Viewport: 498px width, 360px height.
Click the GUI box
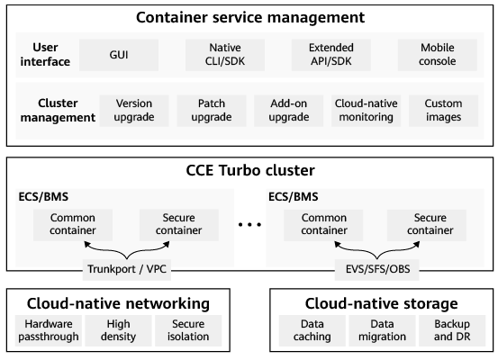click(119, 55)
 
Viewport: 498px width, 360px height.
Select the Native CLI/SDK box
click(225, 55)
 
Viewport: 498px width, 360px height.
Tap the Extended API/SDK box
click(330, 55)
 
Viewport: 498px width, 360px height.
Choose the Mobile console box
click(438, 55)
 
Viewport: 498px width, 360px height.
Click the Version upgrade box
click(134, 111)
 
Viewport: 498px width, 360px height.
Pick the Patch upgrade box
click(212, 111)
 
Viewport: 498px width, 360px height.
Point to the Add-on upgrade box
click(289, 111)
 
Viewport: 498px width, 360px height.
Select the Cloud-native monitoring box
click(367, 111)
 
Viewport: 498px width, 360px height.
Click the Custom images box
click(443, 111)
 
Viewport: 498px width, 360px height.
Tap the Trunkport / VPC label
click(127, 269)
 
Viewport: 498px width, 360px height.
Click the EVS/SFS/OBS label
click(377, 269)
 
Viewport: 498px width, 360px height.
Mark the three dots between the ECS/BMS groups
click(249, 225)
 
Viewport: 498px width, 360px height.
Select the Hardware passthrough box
click(49, 330)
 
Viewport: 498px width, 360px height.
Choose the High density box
click(118, 330)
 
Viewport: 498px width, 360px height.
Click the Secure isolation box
click(188, 330)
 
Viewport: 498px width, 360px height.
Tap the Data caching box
click(312, 330)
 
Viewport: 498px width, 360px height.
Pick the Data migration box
click(382, 330)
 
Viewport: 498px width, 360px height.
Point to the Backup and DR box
click(452, 330)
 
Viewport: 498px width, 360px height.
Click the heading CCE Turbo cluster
click(250, 170)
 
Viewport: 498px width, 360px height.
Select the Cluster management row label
click(58, 111)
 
